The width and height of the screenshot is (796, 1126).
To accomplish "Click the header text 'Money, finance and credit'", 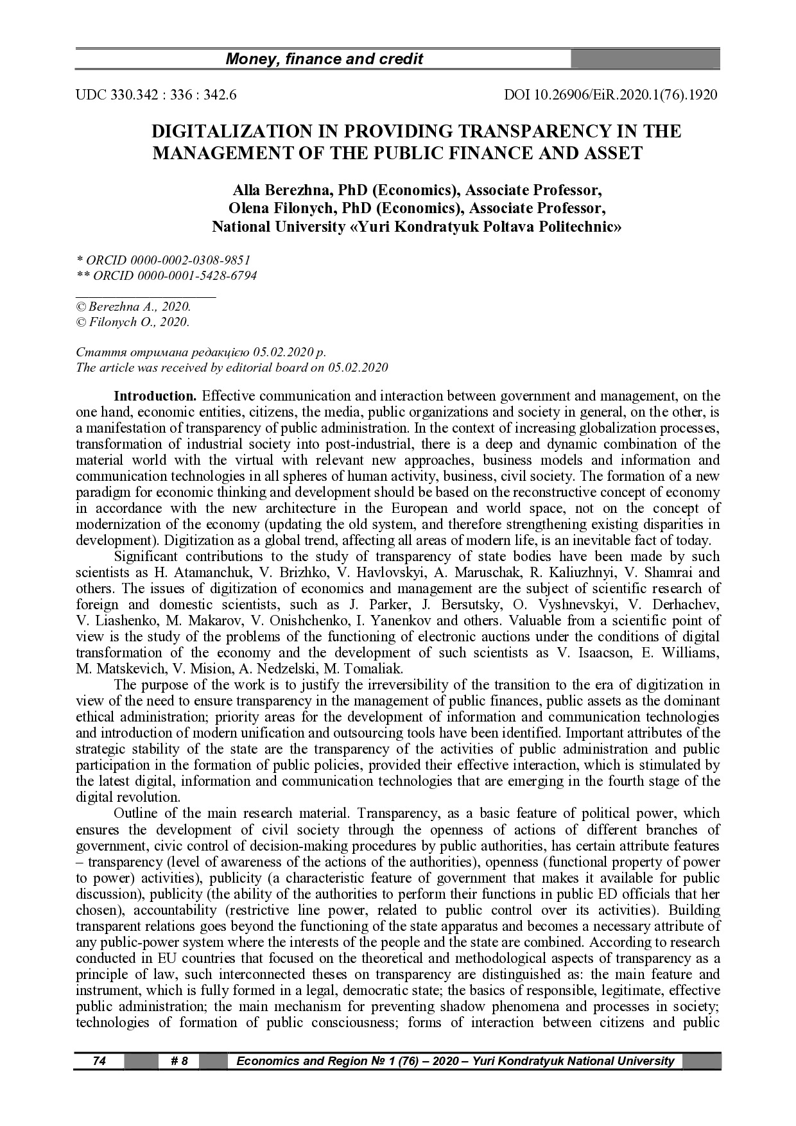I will click(x=324, y=60).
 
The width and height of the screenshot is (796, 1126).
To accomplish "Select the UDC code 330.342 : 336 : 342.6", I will click(x=156, y=95).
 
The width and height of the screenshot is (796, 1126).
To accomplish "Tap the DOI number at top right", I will click(x=611, y=95).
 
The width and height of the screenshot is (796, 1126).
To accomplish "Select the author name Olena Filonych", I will click(x=283, y=209).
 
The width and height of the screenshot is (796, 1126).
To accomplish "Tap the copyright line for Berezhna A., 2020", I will click(x=134, y=307).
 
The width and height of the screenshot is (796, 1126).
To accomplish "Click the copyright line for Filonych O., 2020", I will click(x=133, y=322).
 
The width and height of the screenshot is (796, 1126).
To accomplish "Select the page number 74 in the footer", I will click(x=99, y=1061).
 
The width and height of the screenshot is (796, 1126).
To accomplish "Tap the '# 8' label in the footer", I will click(x=179, y=1061).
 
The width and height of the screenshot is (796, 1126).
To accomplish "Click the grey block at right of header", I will click(x=645, y=60).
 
